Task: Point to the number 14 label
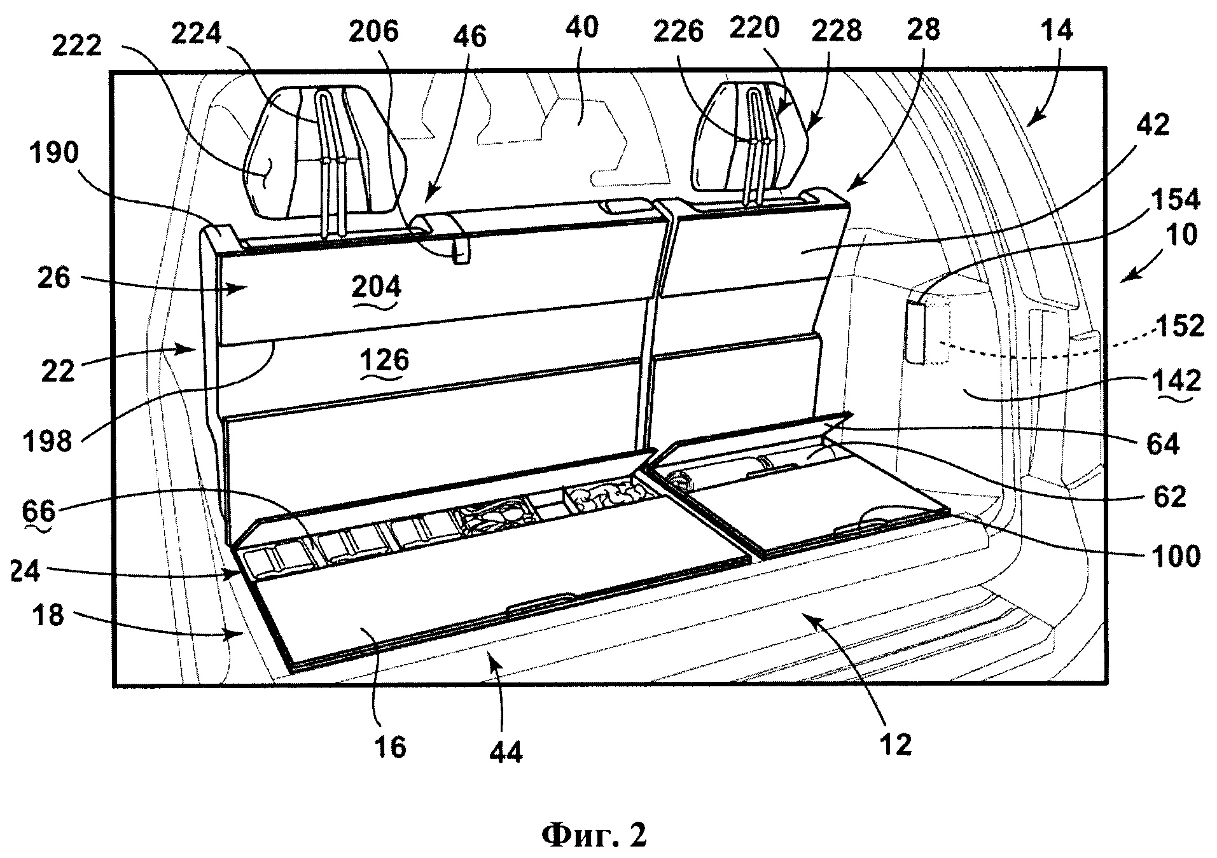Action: coord(1058,30)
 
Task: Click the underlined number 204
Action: coord(376,287)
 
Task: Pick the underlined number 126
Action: coord(386,360)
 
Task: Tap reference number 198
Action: coord(48,440)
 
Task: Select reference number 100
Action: coord(1176,555)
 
